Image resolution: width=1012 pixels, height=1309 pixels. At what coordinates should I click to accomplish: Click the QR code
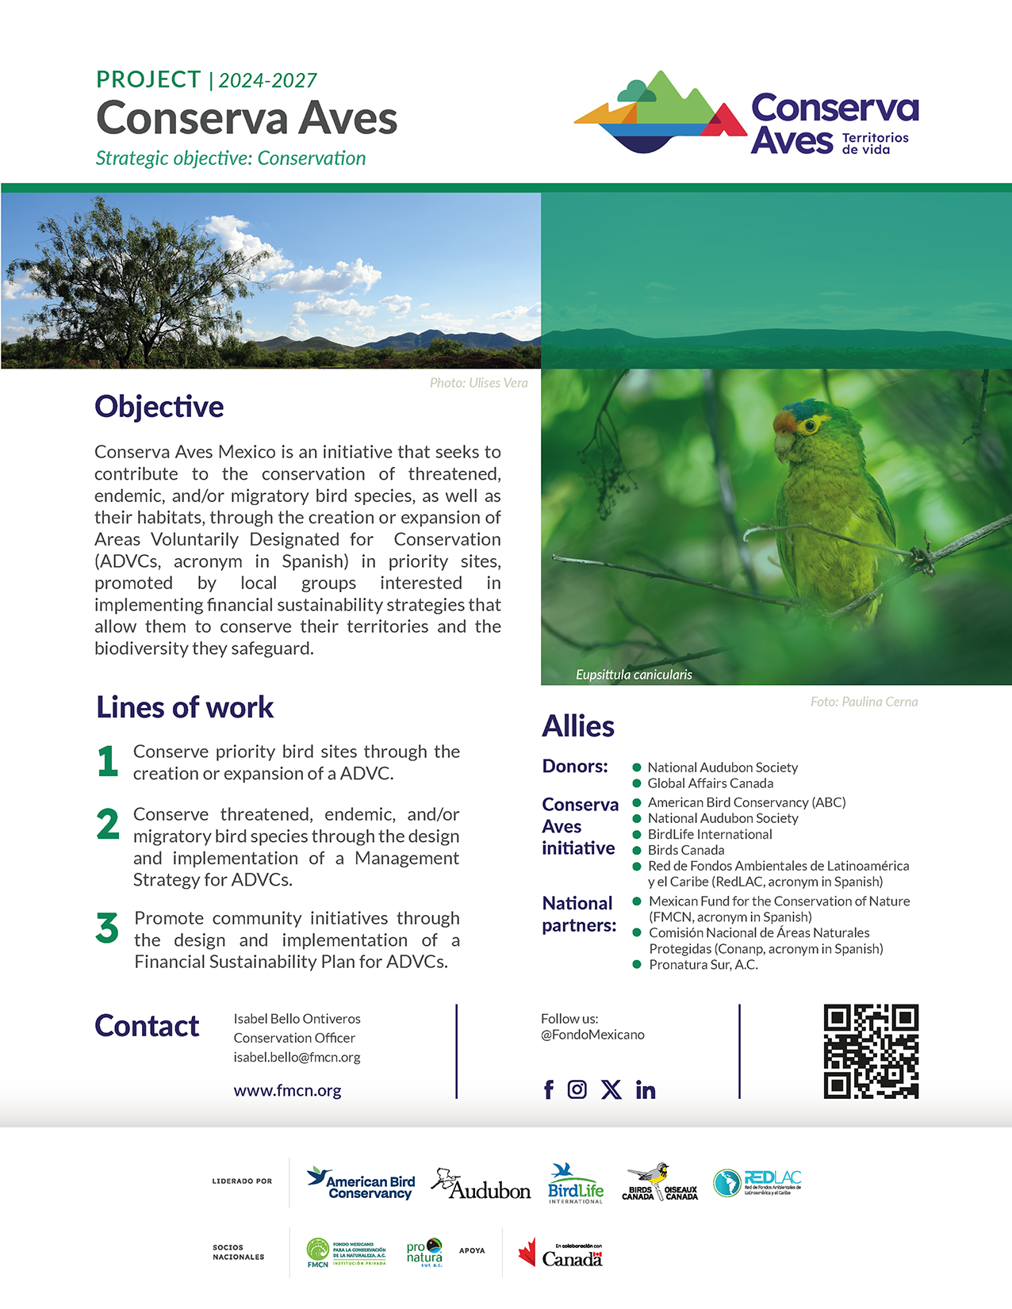871,1051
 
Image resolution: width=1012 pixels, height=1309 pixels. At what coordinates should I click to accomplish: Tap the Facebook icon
549,1090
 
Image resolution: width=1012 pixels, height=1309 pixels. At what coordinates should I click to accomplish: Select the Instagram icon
577,1089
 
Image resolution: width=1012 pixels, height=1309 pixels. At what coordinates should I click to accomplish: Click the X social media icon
611,1089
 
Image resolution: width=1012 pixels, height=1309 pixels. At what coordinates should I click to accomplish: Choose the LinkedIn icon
646,1090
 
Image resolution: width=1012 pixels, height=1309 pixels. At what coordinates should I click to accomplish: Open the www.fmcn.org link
287,1091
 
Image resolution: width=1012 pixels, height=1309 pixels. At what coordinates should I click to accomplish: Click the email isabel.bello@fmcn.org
297,1057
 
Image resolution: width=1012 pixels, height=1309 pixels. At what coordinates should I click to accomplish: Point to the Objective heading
159,407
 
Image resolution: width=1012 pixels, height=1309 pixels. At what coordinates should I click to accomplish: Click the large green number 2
108,824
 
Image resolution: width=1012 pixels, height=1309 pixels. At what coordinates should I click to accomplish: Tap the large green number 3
107,928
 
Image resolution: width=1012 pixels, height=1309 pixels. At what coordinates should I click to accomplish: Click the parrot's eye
810,426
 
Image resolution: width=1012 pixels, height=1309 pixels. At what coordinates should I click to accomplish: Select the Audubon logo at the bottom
481,1185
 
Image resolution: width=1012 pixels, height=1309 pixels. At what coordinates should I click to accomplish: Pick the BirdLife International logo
575,1184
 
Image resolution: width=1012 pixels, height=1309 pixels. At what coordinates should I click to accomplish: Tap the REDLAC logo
757,1183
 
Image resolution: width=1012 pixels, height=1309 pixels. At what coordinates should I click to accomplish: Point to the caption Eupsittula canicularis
634,675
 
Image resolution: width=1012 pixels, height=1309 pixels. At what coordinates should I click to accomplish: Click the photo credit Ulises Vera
478,383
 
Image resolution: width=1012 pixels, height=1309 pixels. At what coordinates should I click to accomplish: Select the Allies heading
578,726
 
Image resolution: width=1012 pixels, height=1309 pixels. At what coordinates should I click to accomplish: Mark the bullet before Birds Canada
636,850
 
